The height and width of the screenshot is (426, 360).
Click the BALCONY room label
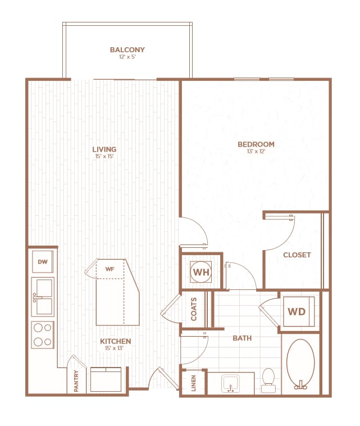[127, 50]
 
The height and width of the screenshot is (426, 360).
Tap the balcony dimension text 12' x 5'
[127, 57]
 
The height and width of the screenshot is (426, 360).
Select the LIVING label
[104, 149]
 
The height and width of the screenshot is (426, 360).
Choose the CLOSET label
[297, 255]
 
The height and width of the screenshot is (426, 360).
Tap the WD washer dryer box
[297, 311]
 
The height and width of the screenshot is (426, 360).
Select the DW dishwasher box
[43, 261]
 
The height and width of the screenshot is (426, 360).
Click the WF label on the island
[110, 269]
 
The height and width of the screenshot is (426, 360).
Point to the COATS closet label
[194, 309]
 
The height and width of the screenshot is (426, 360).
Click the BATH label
[243, 338]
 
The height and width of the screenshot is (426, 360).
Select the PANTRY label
[76, 380]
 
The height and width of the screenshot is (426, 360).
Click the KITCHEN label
[115, 341]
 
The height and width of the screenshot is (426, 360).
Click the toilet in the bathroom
[268, 380]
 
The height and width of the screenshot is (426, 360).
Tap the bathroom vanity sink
[230, 383]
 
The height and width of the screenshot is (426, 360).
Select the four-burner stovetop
[43, 334]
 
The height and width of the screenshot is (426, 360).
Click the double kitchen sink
[43, 297]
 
